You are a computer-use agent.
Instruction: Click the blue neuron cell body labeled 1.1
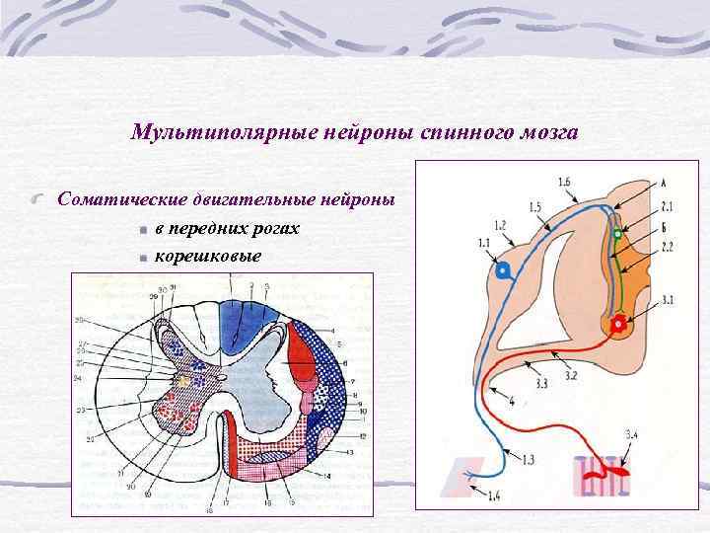tap(503, 270)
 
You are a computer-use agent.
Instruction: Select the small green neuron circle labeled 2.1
tap(617, 235)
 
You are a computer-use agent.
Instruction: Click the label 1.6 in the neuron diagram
tap(563, 183)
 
